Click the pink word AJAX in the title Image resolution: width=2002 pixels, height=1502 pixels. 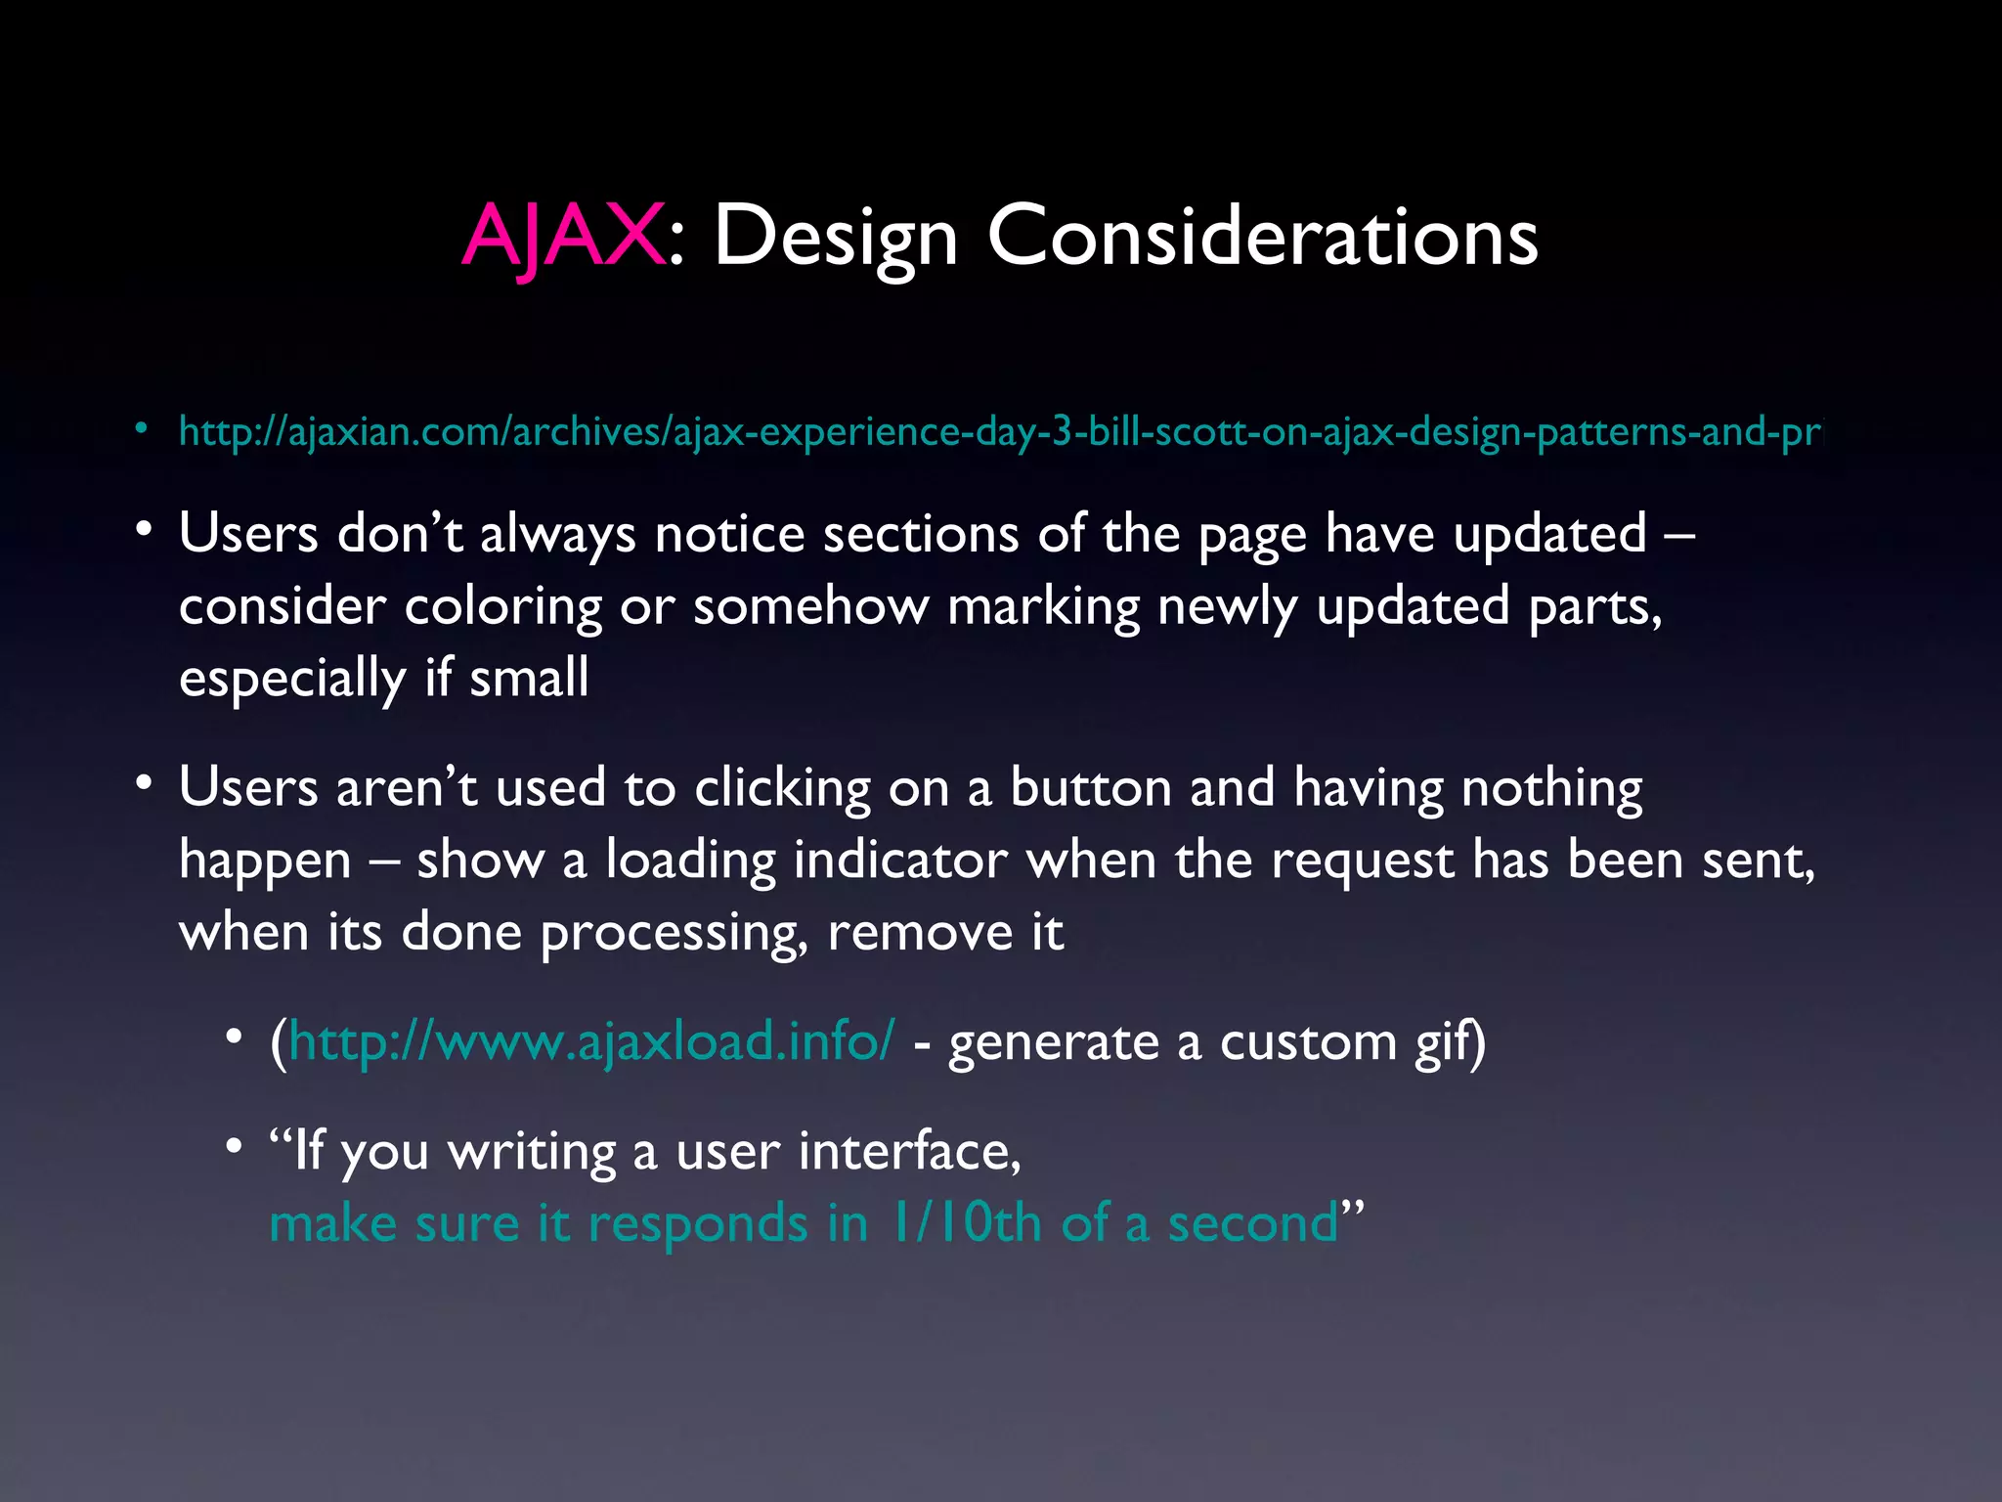pos(563,237)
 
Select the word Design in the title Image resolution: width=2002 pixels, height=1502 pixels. pos(836,237)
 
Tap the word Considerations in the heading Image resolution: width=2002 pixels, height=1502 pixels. pos(1262,237)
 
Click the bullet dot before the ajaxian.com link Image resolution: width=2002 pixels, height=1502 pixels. pos(142,427)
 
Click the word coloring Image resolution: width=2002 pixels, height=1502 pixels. pos(502,607)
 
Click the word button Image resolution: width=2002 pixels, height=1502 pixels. pos(1090,788)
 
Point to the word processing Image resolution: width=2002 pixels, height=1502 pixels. pos(674,933)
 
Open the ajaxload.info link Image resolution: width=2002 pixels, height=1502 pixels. pos(591,1041)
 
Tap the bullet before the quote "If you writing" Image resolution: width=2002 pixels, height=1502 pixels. pos(234,1145)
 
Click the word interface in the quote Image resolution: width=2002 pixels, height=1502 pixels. pos(909,1151)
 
